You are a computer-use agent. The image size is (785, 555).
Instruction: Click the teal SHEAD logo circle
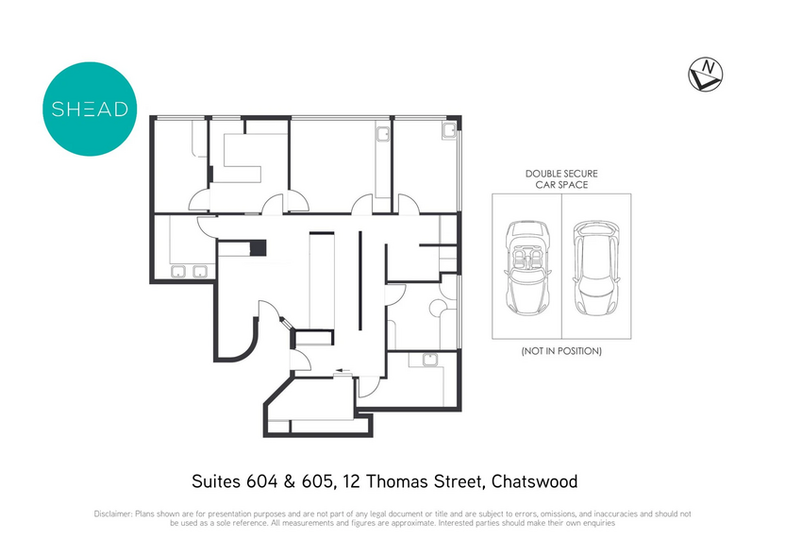[x=90, y=109]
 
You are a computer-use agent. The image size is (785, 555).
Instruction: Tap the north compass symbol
[x=706, y=75]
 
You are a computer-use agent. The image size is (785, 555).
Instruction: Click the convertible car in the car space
[x=527, y=268]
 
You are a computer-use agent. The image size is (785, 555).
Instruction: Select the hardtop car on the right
[x=595, y=268]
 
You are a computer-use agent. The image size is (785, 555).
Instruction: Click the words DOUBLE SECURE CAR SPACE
[x=561, y=178]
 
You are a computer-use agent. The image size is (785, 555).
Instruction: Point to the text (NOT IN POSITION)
[x=561, y=351]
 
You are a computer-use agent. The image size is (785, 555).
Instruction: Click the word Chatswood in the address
[x=534, y=481]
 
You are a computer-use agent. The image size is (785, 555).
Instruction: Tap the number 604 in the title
[x=261, y=481]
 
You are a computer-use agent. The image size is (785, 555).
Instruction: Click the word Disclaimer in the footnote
[x=113, y=513]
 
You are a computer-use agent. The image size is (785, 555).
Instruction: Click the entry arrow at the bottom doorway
[x=342, y=371]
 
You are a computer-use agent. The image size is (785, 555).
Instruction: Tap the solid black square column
[x=258, y=248]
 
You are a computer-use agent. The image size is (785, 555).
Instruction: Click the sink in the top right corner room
[x=448, y=131]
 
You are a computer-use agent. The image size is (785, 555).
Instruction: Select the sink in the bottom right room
[x=430, y=360]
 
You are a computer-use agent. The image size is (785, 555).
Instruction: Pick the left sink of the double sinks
[x=178, y=272]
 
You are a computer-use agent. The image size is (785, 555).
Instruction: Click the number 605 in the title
[x=317, y=481]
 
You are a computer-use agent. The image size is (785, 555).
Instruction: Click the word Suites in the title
[x=216, y=481]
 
